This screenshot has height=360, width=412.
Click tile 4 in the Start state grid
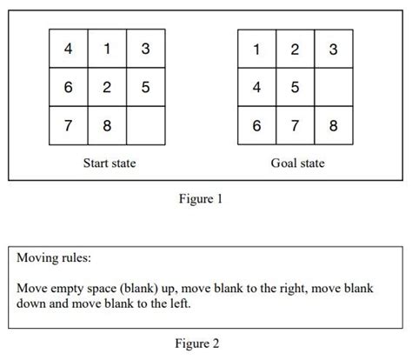69,49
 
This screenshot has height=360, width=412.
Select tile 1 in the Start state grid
107,49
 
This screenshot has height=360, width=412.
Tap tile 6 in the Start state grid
69,87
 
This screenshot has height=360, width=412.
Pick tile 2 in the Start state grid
107,87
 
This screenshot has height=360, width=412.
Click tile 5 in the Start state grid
145,87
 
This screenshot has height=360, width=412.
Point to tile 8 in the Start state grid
107,125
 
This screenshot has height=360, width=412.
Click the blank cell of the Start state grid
145,125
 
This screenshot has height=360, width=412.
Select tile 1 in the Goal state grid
257,49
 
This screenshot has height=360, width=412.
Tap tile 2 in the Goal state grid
296,49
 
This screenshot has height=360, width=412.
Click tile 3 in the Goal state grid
334,49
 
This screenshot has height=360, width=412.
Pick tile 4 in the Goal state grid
257,87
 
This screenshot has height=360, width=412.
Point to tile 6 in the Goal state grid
257,125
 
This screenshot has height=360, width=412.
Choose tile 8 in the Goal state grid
334,125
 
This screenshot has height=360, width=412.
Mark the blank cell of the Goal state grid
334,87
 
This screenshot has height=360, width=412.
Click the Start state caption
109,163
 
